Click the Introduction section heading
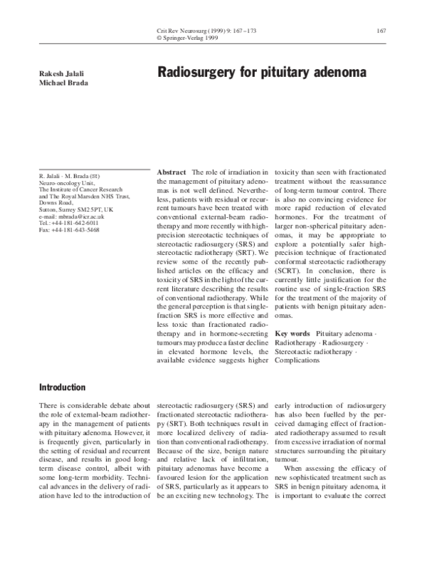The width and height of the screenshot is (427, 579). click(61, 387)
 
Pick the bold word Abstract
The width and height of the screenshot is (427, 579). click(171, 173)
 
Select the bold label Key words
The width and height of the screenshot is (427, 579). click(292, 333)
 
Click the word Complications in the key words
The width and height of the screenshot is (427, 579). click(297, 360)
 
